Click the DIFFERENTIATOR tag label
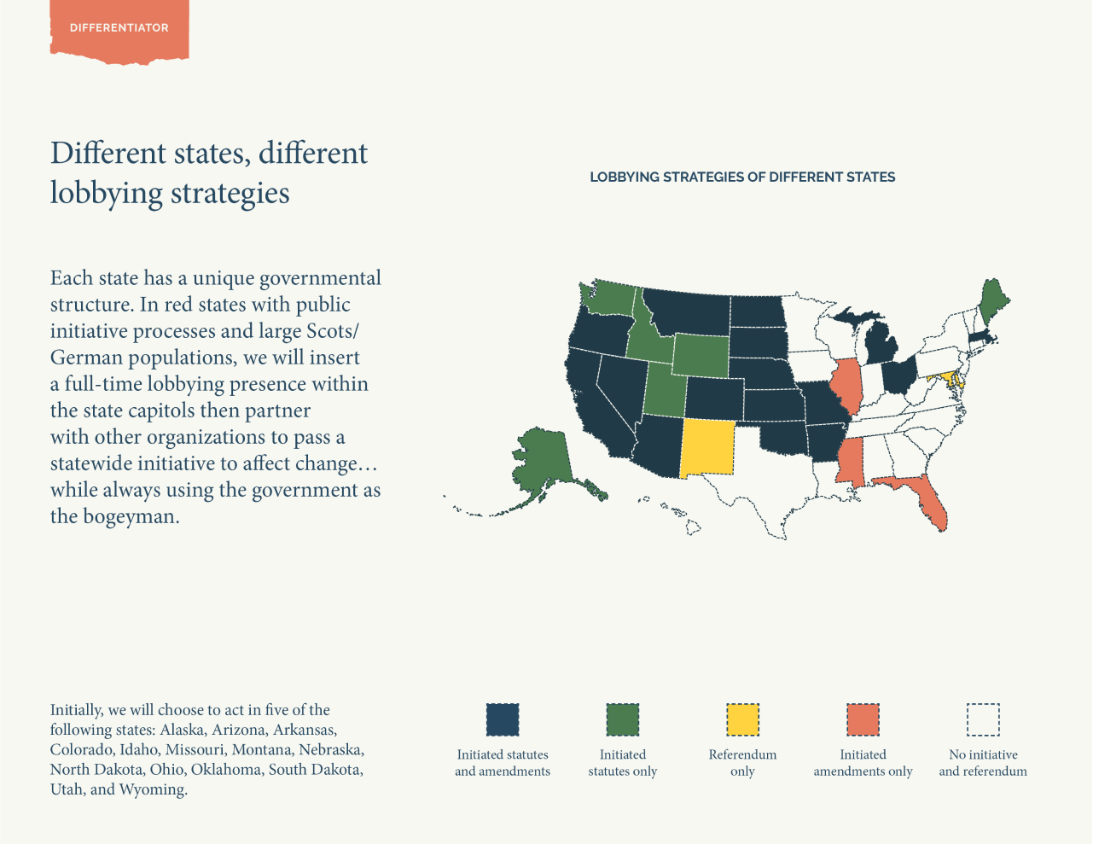click(x=119, y=28)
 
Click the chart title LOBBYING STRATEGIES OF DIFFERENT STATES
click(x=742, y=178)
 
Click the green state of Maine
click(x=991, y=303)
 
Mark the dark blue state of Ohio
click(x=898, y=375)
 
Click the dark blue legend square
click(x=503, y=719)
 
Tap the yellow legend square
click(x=742, y=719)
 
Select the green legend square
click(x=623, y=719)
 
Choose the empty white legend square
click(x=983, y=719)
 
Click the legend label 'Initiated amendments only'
click(x=863, y=763)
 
